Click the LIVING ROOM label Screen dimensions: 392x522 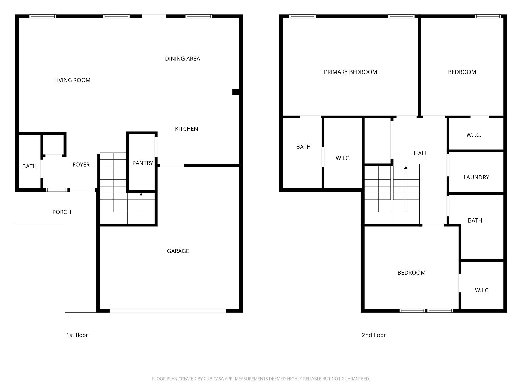tap(72, 80)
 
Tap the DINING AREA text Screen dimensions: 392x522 tap(182, 59)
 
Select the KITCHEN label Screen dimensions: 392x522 tap(186, 129)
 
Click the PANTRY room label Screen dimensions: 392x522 tap(143, 163)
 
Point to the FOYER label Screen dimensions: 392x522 tap(81, 165)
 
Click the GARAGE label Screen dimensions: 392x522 tap(178, 251)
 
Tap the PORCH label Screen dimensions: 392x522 tap(62, 212)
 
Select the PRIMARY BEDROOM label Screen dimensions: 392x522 tap(350, 72)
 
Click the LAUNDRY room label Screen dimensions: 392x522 tap(476, 177)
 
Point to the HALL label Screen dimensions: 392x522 tap(421, 153)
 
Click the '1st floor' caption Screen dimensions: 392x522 tap(77, 335)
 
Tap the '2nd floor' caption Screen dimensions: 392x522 tap(374, 335)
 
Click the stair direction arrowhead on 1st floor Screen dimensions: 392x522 tap(141, 194)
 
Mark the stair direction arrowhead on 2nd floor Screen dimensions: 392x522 tap(406, 168)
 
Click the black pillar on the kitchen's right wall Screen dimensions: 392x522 tap(236, 92)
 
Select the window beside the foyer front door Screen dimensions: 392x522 tap(57, 190)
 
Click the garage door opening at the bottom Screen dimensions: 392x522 tap(168, 311)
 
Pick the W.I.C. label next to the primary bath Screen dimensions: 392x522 tap(343, 158)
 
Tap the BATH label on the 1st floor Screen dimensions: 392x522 tap(29, 166)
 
